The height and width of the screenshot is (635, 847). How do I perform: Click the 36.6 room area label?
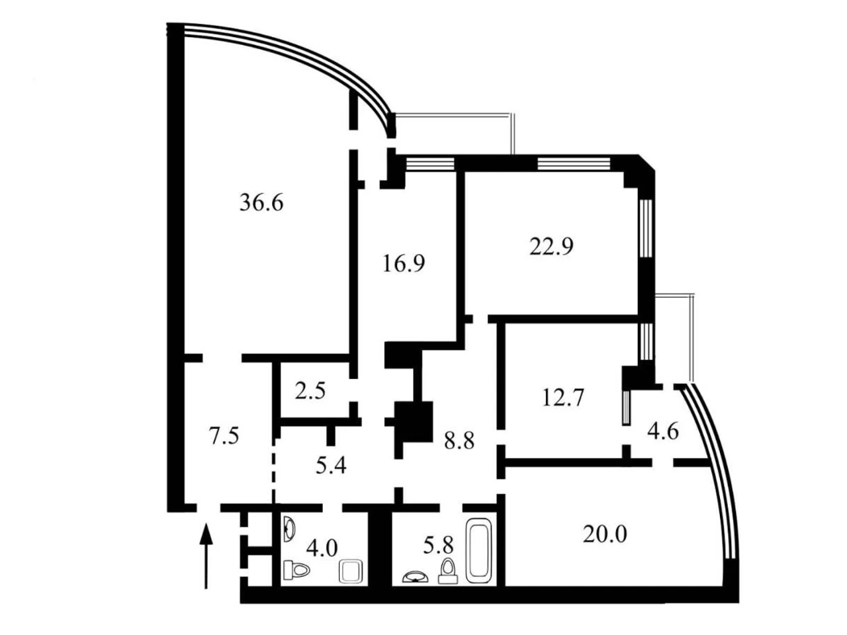(x=261, y=203)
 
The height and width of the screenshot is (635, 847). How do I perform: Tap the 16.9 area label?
(x=404, y=264)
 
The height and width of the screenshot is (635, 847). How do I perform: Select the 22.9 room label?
(x=551, y=247)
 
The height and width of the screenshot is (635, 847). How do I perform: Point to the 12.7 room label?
(x=563, y=398)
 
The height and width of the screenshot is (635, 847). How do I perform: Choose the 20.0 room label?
(x=605, y=534)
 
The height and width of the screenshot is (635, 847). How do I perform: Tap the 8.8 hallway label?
(x=459, y=441)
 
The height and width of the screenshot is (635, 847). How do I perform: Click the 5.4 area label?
(x=331, y=465)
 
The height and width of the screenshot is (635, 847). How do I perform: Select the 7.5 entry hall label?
(x=224, y=437)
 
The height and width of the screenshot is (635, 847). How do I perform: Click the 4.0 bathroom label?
(x=322, y=548)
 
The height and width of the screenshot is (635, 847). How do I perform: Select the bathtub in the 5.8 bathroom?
(x=479, y=550)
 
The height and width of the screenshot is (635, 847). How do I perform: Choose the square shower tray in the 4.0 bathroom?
(x=351, y=571)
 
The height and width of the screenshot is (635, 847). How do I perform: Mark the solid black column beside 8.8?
(x=414, y=422)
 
